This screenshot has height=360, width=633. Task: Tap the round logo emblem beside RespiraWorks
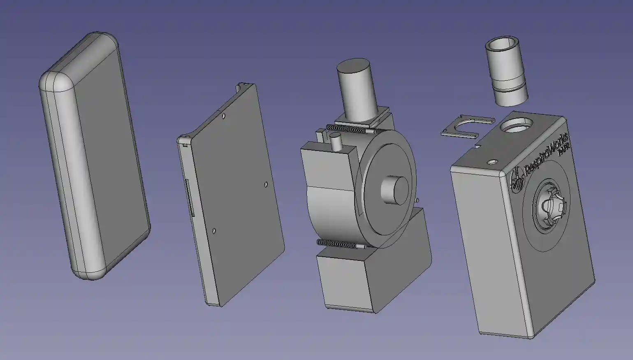pos(517,181)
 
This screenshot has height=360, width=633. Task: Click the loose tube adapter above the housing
pos(504,72)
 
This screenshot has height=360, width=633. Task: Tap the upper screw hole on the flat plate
pos(223,116)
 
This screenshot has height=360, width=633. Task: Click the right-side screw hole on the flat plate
pos(266,184)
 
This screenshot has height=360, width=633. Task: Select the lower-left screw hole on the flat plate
pos(214,231)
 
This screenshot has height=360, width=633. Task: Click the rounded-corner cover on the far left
pos(95,156)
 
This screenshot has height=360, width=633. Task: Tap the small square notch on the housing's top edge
pos(478,145)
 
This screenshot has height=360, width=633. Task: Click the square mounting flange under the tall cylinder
pos(362,118)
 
